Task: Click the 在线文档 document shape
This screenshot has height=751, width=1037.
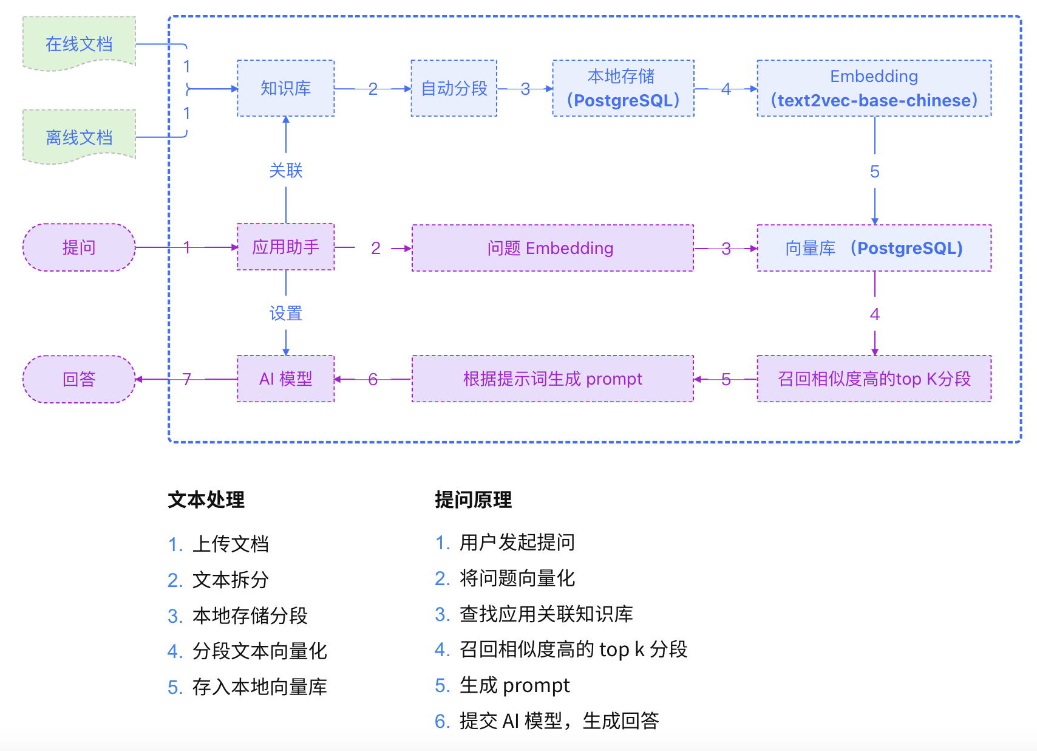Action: [79, 44]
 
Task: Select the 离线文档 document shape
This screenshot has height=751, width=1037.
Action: [79, 137]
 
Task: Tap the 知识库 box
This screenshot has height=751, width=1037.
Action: [285, 88]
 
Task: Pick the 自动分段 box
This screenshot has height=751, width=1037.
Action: [454, 88]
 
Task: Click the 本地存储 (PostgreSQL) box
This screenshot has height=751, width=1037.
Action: [623, 88]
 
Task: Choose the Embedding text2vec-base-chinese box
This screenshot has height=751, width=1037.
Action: [874, 88]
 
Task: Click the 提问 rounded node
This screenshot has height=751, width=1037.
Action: [79, 247]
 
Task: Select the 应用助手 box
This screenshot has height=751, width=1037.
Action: [285, 247]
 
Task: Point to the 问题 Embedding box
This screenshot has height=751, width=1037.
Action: [552, 248]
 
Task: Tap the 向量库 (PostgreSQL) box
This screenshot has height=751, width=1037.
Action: [874, 248]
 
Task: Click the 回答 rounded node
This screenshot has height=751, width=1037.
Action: [79, 379]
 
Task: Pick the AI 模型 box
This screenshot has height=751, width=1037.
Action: [285, 379]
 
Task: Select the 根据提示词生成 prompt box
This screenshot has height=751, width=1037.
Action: [552, 379]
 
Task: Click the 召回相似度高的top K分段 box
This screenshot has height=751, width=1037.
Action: [874, 379]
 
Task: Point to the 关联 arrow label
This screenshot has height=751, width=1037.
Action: [285, 170]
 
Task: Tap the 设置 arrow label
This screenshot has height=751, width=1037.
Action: [285, 314]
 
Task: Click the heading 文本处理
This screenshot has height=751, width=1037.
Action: [206, 499]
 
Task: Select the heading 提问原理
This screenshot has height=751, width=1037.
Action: [473, 499]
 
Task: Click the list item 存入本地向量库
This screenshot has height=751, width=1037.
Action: [259, 687]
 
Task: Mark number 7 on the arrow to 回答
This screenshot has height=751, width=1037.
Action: [187, 379]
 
